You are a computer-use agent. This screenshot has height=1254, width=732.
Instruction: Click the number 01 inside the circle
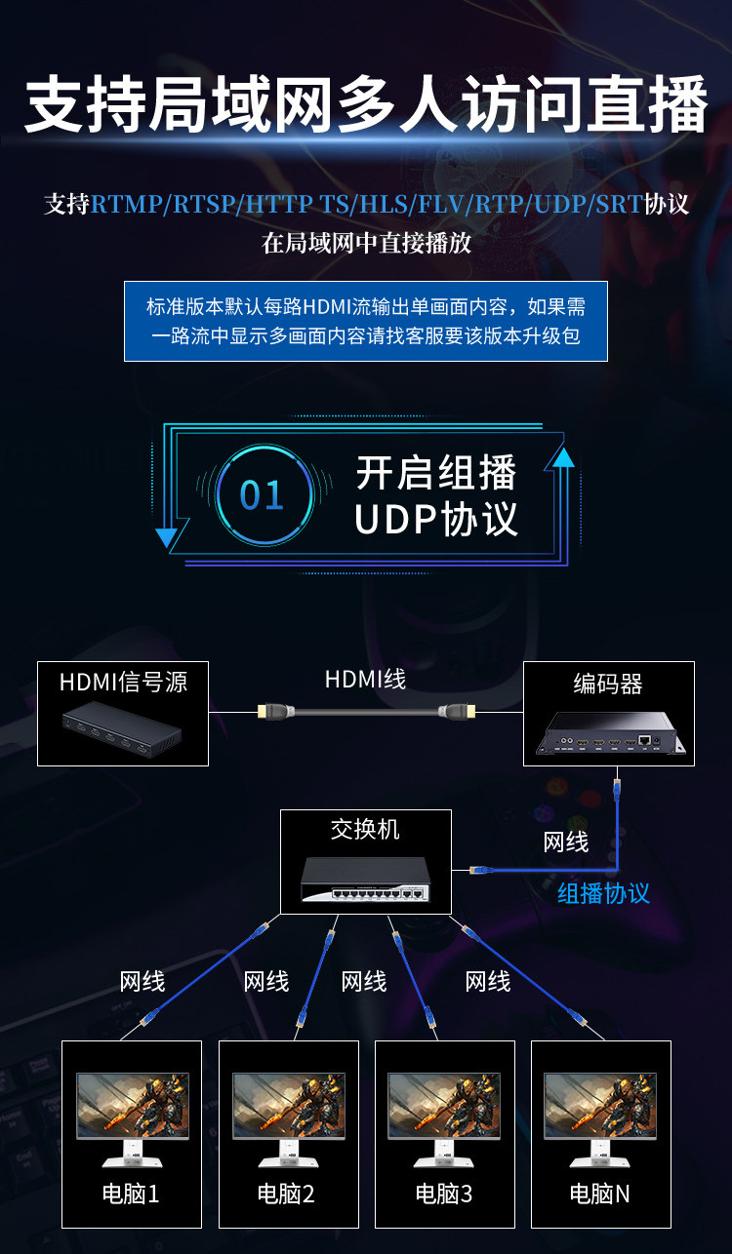point(262,495)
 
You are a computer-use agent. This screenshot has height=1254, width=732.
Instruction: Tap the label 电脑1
point(131,1193)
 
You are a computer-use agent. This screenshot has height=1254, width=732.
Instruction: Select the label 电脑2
point(286,1193)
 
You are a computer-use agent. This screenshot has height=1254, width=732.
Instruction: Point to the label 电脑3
point(443,1193)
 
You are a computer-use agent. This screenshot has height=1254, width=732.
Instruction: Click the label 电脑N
point(600,1193)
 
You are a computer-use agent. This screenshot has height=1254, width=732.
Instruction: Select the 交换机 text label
point(365,830)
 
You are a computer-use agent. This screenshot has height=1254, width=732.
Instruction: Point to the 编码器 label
point(608,685)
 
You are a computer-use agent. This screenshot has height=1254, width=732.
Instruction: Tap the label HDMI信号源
point(123,682)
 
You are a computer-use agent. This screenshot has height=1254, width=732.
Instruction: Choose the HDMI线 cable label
point(365,679)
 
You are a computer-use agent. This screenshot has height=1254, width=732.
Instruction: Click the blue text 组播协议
point(603,892)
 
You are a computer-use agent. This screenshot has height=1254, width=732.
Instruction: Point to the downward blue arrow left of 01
point(167,532)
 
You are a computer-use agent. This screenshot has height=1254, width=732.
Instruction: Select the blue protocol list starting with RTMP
point(367,205)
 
